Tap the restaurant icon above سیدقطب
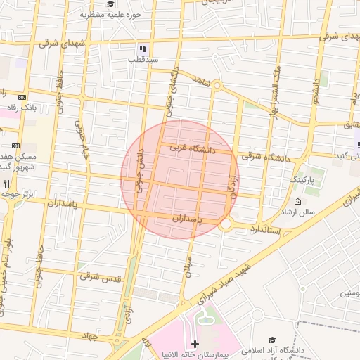(x=143, y=49)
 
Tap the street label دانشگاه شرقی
(x=265, y=157)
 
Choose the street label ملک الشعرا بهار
(x=275, y=92)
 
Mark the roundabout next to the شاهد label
(x=217, y=86)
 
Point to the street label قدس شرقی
(x=100, y=278)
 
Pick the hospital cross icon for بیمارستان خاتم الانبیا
(x=195, y=344)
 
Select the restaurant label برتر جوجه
(x=17, y=193)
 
